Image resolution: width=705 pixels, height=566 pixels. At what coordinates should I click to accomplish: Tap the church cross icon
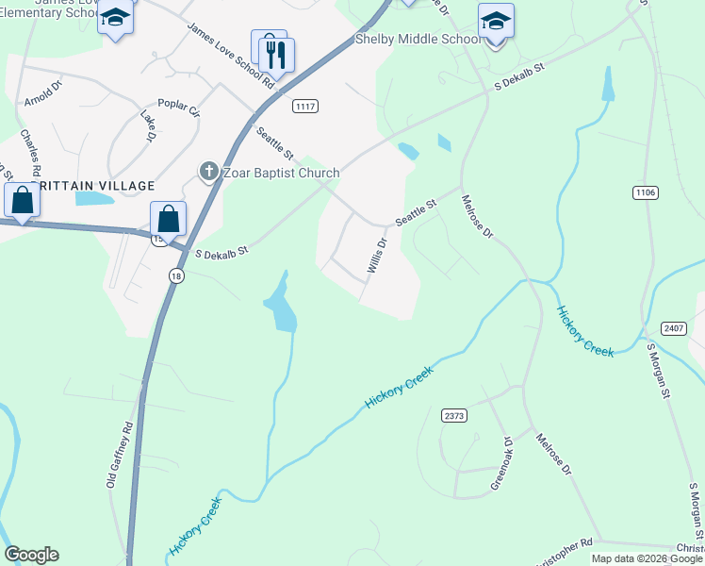pos(207,172)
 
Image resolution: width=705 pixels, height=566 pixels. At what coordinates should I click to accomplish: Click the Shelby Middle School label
pos(418,40)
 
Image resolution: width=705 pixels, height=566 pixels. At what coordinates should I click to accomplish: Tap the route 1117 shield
pos(303,106)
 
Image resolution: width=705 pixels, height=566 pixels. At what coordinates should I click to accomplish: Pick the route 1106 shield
pos(645,192)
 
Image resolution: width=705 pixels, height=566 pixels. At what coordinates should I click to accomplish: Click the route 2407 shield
pos(673,327)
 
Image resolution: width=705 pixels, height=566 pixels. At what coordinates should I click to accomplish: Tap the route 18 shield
pos(175,275)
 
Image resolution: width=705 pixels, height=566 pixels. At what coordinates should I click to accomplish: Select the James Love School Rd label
pos(231,57)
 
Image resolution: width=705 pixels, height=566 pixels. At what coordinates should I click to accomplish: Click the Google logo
pos(31,555)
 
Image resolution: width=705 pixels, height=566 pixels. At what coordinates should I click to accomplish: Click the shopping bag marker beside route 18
pos(168,219)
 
